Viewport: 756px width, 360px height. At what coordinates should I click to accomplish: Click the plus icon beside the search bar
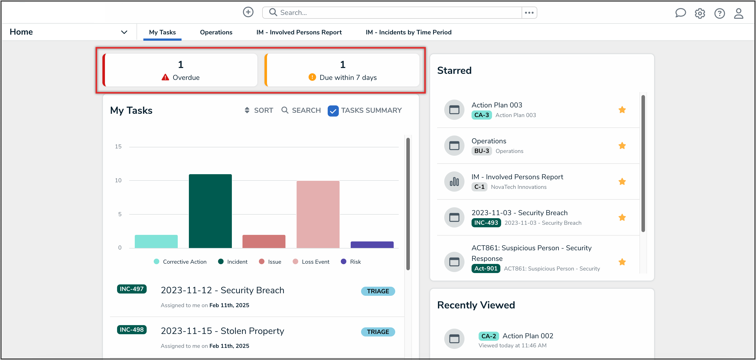[x=248, y=12]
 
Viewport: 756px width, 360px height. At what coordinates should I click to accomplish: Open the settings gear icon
[x=700, y=13]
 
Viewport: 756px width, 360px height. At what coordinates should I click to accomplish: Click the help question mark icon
[x=719, y=13]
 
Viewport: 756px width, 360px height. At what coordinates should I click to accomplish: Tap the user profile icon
[x=738, y=13]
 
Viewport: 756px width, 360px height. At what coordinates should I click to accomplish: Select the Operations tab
[x=216, y=32]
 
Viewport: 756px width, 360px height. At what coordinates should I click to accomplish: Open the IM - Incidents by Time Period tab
[x=408, y=32]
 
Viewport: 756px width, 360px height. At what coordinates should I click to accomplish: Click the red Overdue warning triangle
[x=165, y=77]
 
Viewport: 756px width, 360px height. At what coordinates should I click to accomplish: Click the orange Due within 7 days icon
[x=312, y=77]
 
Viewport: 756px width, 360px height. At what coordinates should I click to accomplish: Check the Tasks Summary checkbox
[x=333, y=111]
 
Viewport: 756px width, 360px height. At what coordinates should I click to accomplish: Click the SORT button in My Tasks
[x=259, y=110]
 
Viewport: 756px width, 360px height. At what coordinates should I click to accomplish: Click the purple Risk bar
[x=372, y=245]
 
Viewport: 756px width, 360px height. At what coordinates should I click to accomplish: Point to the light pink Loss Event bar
[x=318, y=214]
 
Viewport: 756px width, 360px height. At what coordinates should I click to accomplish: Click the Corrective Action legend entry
[x=180, y=262]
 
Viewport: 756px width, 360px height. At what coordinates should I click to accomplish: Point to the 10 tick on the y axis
[x=118, y=181]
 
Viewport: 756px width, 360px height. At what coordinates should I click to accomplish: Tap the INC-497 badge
[x=131, y=289]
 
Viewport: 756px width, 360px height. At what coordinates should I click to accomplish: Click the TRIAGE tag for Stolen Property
[x=378, y=332]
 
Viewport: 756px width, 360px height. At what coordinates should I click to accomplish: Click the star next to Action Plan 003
[x=622, y=110]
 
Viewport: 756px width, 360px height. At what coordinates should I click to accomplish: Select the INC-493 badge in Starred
[x=486, y=223]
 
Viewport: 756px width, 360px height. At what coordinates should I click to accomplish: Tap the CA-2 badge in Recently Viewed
[x=488, y=336]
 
